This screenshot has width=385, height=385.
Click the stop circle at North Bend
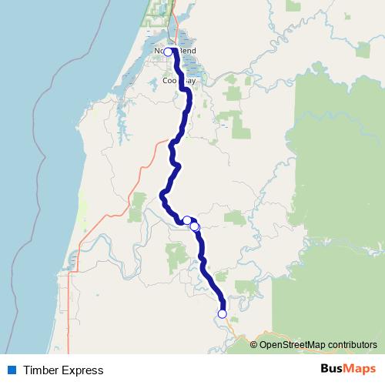pyautogui.click(x=168, y=52)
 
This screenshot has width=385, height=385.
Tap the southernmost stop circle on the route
pyautogui.click(x=223, y=313)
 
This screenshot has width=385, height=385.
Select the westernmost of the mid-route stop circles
pyautogui.click(x=186, y=220)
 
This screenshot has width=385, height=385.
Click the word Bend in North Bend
pyautogui.click(x=187, y=51)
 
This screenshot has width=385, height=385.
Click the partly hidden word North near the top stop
pyautogui.click(x=159, y=51)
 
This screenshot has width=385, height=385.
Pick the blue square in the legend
pyautogui.click(x=11, y=370)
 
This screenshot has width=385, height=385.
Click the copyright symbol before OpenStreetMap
pyautogui.click(x=254, y=345)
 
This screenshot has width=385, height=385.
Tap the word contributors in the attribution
pyautogui.click(x=351, y=345)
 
